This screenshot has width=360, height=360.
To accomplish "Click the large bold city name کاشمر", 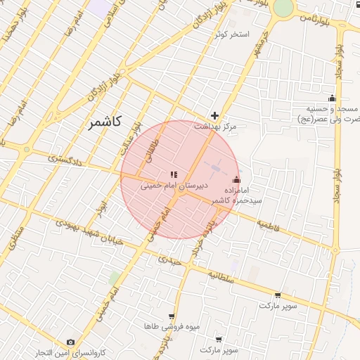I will (x=105, y=122).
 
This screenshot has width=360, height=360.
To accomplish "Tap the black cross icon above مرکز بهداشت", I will (x=215, y=115).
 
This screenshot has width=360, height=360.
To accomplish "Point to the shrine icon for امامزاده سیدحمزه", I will (x=236, y=179).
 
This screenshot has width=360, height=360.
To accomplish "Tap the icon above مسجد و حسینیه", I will (x=332, y=98).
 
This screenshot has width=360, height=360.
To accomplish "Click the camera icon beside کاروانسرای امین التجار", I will (x=70, y=342).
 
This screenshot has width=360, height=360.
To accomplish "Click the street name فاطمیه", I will (x=268, y=225).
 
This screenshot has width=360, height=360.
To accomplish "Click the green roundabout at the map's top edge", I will (x=283, y=7).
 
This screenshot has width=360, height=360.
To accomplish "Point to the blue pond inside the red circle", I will (x=214, y=168).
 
